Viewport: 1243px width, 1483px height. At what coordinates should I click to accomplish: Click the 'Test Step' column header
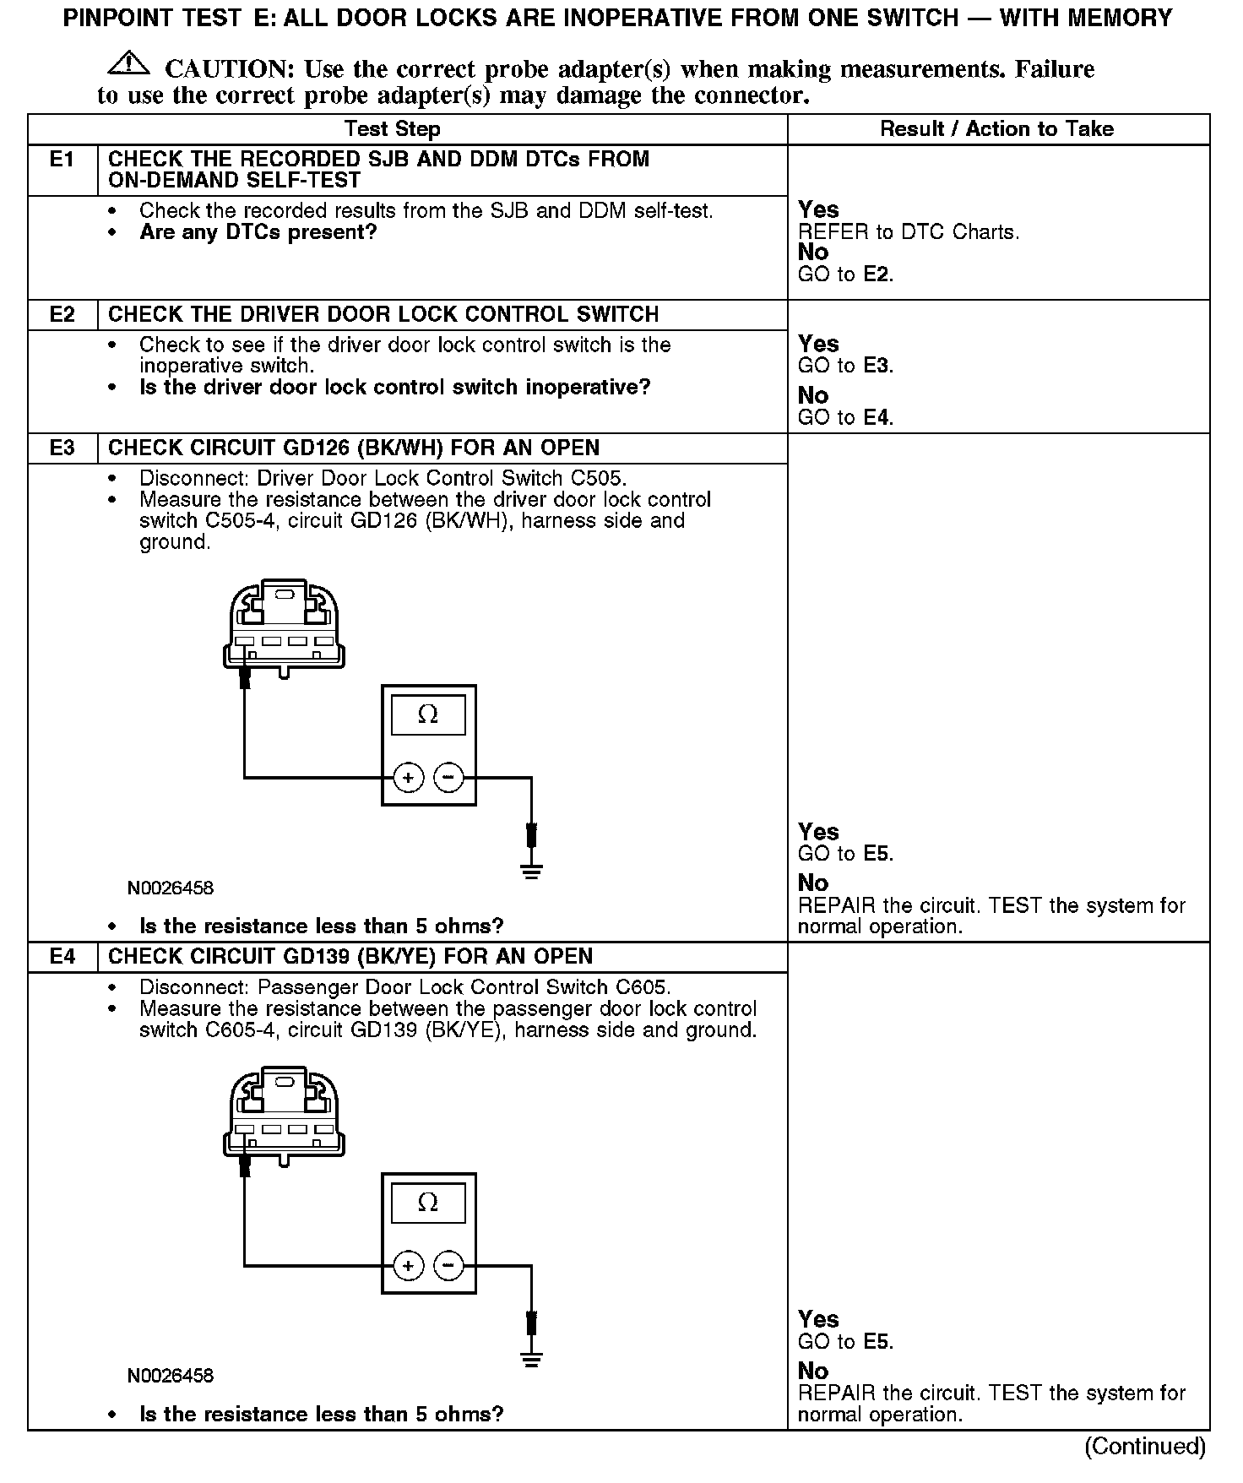click(393, 129)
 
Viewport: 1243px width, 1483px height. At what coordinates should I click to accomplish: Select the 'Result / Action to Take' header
click(996, 129)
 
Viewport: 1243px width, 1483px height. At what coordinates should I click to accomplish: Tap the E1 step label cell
click(62, 160)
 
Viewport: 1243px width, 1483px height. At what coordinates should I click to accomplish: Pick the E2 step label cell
click(62, 315)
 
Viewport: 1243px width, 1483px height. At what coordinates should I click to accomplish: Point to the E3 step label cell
click(62, 448)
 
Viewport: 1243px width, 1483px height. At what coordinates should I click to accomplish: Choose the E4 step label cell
click(62, 957)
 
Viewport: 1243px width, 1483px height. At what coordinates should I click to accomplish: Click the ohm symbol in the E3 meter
click(428, 715)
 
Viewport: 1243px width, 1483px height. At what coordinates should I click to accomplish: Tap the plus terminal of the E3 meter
click(409, 778)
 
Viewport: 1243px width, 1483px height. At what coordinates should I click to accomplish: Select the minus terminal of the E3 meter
click(449, 778)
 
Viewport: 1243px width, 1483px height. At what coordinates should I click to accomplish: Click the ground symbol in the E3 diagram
click(531, 872)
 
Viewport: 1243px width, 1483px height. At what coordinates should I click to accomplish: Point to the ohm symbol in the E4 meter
click(428, 1203)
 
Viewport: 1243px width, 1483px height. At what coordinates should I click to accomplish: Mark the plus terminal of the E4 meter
click(409, 1265)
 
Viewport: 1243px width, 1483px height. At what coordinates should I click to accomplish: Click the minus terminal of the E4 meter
click(449, 1265)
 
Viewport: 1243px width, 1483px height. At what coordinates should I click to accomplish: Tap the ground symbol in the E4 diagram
click(531, 1360)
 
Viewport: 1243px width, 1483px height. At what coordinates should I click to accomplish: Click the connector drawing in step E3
click(284, 626)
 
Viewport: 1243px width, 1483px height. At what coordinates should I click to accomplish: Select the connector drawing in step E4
click(284, 1114)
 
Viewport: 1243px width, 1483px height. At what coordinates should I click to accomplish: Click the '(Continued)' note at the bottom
click(1145, 1447)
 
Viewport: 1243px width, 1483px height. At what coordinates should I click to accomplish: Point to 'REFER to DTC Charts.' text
click(909, 232)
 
